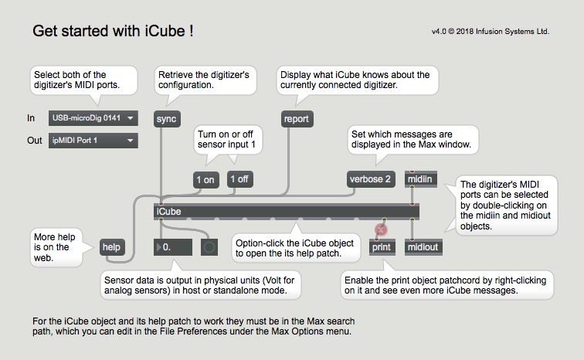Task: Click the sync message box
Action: (x=167, y=119)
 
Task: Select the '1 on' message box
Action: (x=205, y=180)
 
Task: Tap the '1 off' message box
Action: (x=239, y=179)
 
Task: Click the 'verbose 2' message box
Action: (x=371, y=179)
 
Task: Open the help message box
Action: (x=111, y=247)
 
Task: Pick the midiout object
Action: (x=423, y=247)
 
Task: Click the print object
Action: (x=382, y=247)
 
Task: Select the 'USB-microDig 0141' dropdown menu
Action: (x=93, y=118)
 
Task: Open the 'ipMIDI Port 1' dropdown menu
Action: (x=93, y=141)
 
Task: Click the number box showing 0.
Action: (x=173, y=247)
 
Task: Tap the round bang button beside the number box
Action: (x=209, y=247)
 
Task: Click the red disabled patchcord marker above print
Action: (x=381, y=229)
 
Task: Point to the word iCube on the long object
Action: (x=168, y=212)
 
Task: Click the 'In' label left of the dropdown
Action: (x=31, y=118)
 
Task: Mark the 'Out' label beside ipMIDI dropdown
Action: (x=35, y=141)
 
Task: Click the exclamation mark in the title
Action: (x=191, y=31)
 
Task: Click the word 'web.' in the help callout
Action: (x=42, y=257)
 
